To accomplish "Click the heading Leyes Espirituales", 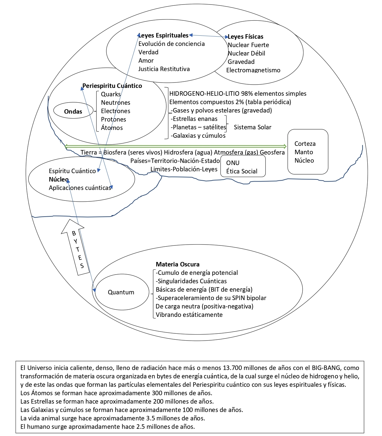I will tap(164, 35).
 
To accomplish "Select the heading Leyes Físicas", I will tap(245, 37).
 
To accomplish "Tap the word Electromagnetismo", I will tap(253, 70).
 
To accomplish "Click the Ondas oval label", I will tap(73, 111).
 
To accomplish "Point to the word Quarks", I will tap(111, 94).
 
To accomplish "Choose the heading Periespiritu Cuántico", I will tap(112, 86).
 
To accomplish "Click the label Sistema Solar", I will tap(253, 127).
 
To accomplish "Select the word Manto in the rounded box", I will tap(304, 152).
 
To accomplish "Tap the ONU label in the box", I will tap(233, 163).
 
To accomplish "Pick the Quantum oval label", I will tap(121, 292).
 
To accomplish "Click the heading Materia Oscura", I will tap(177, 264).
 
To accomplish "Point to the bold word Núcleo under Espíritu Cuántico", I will tap(59, 179).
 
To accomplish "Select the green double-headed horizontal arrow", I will tap(176, 146).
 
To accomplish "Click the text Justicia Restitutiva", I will tap(164, 69).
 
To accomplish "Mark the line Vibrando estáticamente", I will tap(189, 315).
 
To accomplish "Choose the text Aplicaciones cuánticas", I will tap(80, 188).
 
